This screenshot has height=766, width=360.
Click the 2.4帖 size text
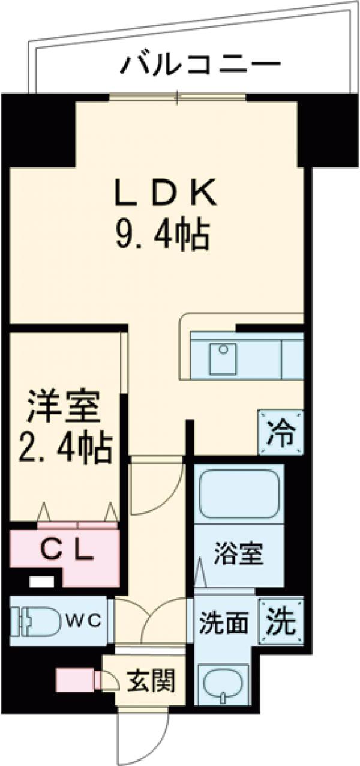click(63, 447)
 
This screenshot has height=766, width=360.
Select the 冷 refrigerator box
click(281, 433)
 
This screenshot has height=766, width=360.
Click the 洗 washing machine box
click(281, 622)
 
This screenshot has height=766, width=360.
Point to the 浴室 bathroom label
click(239, 555)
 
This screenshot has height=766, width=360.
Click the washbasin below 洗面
click(224, 685)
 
